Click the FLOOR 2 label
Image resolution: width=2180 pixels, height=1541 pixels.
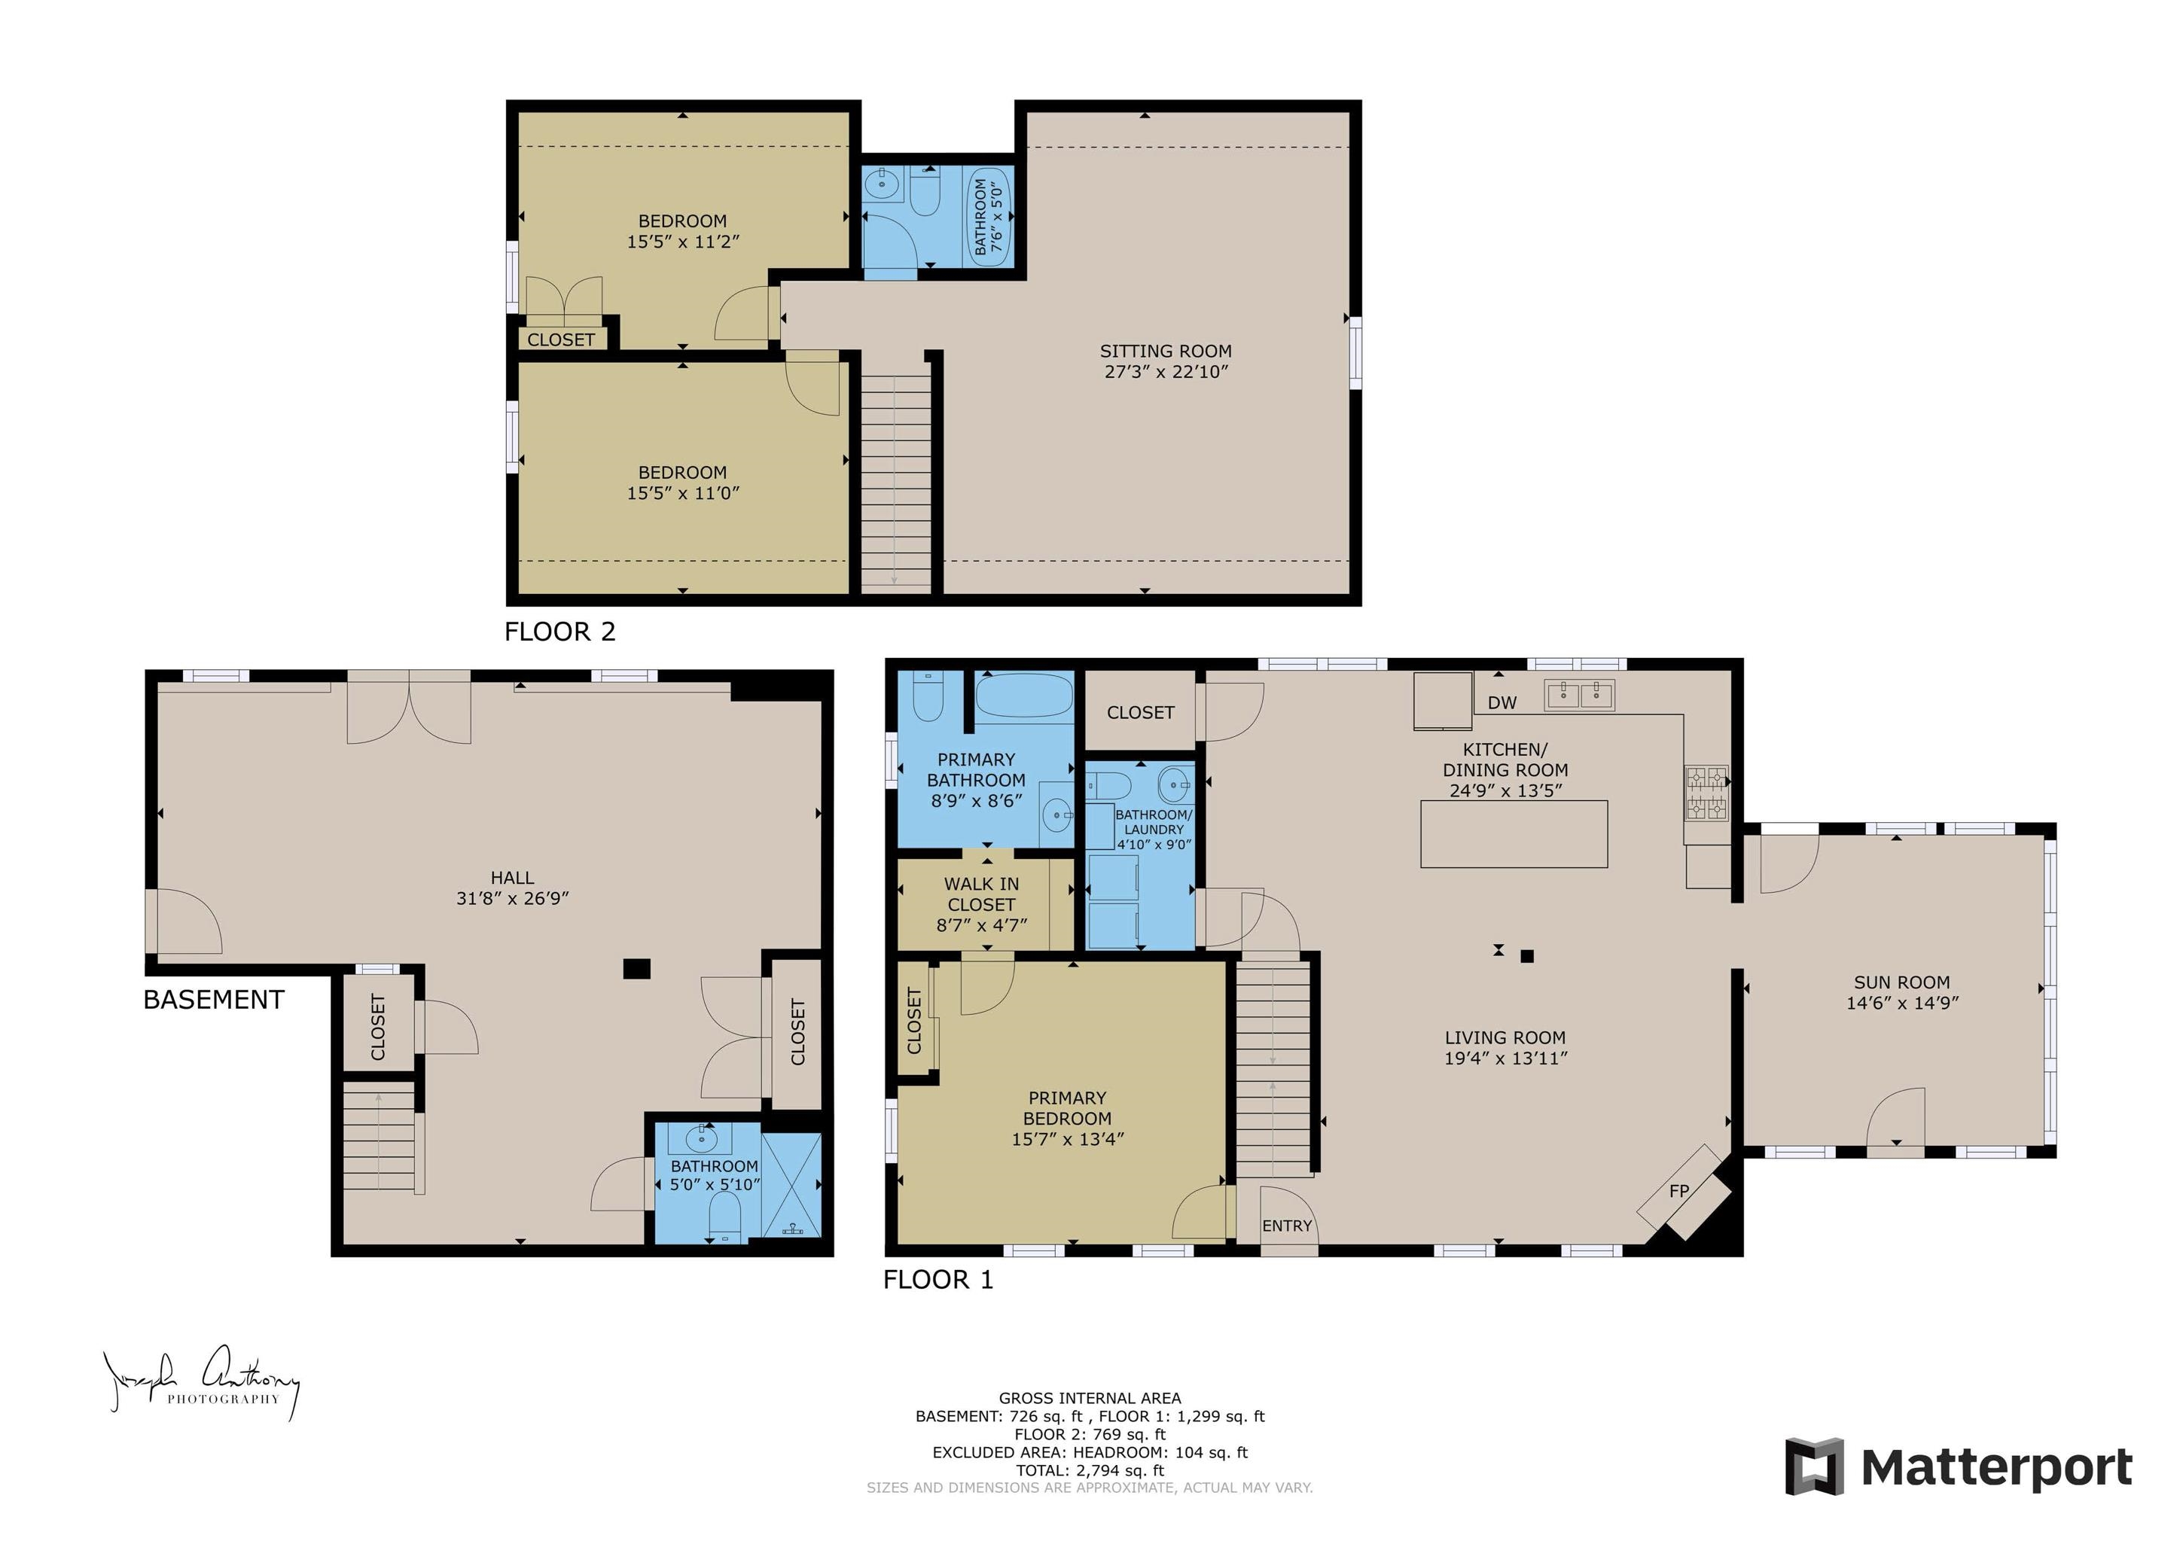pyautogui.click(x=559, y=632)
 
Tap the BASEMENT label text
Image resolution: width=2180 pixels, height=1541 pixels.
pyautogui.click(x=214, y=1000)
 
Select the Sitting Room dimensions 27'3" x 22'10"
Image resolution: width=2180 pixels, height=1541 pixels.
pyautogui.click(x=1166, y=372)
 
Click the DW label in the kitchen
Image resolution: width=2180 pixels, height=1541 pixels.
pyautogui.click(x=1502, y=702)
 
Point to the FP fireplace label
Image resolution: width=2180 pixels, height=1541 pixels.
pyautogui.click(x=1678, y=1191)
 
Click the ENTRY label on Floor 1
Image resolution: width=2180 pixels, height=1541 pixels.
pyautogui.click(x=1287, y=1226)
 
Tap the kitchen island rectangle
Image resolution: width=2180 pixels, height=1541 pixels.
pyautogui.click(x=1514, y=833)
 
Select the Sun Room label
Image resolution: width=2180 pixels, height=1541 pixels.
pyautogui.click(x=1902, y=982)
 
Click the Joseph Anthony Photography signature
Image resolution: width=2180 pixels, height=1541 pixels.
pyautogui.click(x=201, y=1381)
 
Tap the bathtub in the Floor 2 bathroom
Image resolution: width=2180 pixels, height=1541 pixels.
pyautogui.click(x=989, y=217)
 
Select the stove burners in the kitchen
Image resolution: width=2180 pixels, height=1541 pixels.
pyautogui.click(x=1706, y=793)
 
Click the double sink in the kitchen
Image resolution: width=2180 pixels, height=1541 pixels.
pyautogui.click(x=1579, y=695)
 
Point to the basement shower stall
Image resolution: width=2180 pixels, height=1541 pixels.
pyautogui.click(x=791, y=1184)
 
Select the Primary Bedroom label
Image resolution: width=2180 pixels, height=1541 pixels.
pyautogui.click(x=1067, y=1108)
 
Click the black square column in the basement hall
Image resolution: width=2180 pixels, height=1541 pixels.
pyautogui.click(x=636, y=968)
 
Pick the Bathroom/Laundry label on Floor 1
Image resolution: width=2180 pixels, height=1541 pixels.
pyautogui.click(x=1154, y=822)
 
